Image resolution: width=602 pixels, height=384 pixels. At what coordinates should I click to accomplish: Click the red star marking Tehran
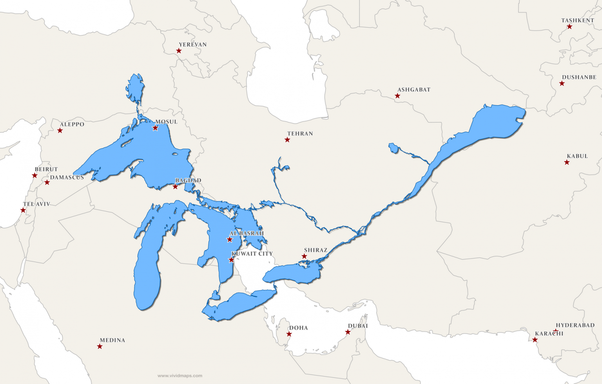[287, 140]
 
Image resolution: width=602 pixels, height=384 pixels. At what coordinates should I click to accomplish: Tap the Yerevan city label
[192, 45]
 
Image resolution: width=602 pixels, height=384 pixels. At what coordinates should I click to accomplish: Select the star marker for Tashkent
[569, 27]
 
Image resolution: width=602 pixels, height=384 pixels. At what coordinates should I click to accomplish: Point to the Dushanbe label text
[579, 77]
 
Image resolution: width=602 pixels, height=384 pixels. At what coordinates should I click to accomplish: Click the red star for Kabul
[567, 162]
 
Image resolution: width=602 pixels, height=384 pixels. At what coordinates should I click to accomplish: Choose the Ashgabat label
[414, 90]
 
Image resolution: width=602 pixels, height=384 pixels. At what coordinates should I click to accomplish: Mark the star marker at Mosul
[155, 128]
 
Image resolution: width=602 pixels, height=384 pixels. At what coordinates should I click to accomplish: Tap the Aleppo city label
[72, 124]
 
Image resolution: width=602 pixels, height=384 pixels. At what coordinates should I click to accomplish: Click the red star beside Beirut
[35, 176]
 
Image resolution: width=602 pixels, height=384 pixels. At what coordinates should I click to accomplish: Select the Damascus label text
[67, 177]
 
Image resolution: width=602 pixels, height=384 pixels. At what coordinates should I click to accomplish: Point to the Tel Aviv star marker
[23, 211]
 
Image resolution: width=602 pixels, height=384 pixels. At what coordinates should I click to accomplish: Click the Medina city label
[112, 340]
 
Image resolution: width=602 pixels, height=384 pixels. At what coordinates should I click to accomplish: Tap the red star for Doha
[289, 334]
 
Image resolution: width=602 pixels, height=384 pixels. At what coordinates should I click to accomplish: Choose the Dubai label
[358, 326]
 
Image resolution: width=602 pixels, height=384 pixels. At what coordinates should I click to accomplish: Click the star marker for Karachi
[535, 340]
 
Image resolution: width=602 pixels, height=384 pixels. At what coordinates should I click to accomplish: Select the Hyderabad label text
[575, 325]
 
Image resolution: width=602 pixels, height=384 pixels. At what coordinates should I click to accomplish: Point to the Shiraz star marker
[304, 257]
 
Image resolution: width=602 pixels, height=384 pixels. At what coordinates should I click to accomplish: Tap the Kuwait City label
[252, 254]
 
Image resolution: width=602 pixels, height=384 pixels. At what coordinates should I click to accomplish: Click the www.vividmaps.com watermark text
[180, 376]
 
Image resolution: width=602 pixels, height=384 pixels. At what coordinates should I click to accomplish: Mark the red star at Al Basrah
[230, 240]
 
